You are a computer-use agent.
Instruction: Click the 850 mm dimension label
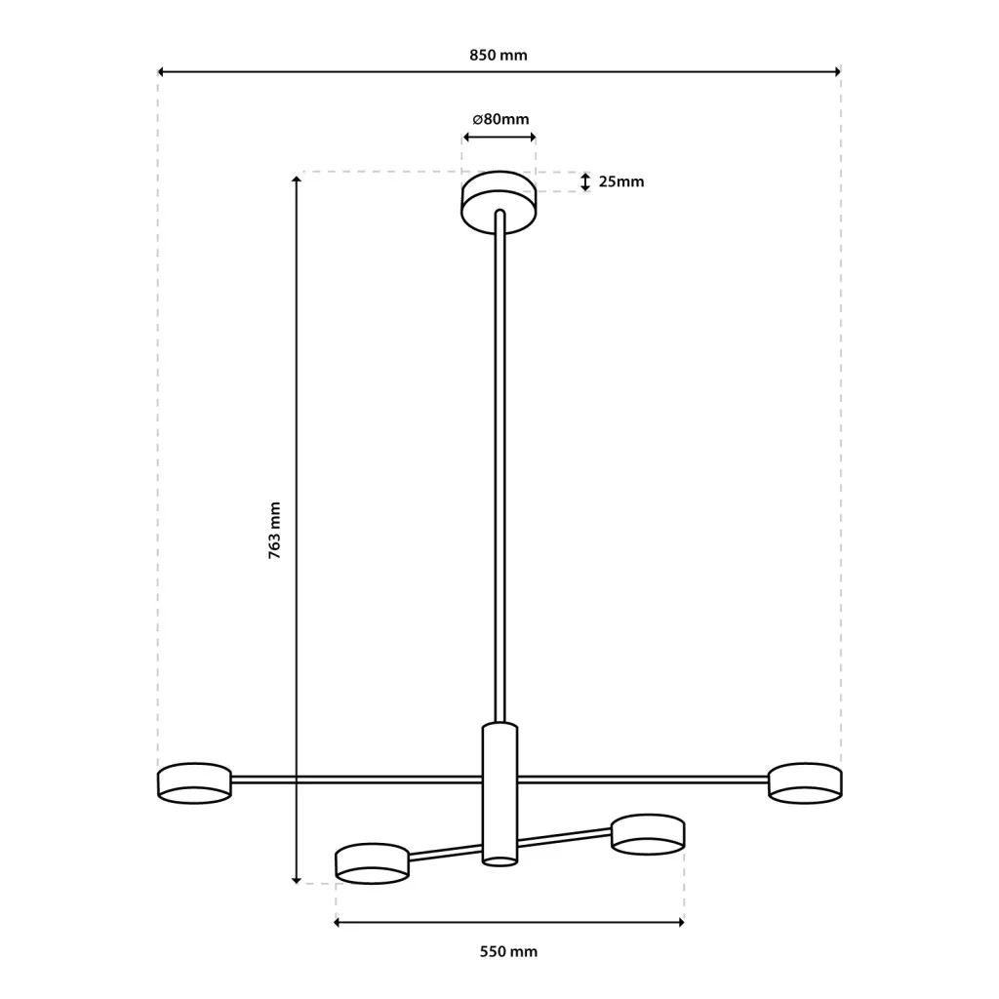tap(499, 56)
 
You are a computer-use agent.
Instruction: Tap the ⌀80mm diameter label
tap(500, 119)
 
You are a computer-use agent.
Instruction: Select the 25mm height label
tap(621, 181)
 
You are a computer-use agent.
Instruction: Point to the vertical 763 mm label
tap(274, 530)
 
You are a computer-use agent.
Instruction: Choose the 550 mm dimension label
tap(508, 952)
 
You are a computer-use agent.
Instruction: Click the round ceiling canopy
tap(499, 201)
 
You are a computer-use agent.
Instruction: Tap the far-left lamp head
tap(194, 782)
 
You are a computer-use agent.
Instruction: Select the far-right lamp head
tap(805, 782)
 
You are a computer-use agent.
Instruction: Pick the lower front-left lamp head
tap(372, 863)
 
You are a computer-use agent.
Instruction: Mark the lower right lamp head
tap(648, 834)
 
